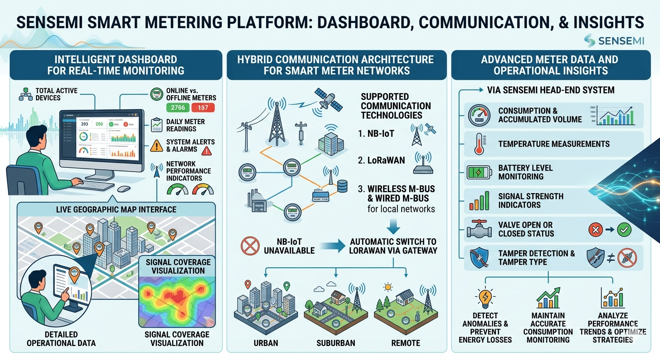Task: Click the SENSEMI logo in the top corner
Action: [614, 41]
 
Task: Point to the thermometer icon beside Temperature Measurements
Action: [478, 143]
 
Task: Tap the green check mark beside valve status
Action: [624, 229]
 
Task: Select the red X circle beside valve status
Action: [595, 229]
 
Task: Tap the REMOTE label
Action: [405, 343]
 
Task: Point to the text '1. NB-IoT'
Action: [376, 133]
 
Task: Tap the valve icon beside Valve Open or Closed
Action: [478, 230]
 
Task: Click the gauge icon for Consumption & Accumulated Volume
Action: [478, 115]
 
